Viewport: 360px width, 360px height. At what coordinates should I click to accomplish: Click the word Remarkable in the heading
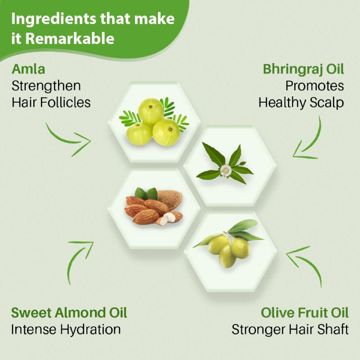[70, 38]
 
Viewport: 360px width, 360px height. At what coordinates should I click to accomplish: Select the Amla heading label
[28, 69]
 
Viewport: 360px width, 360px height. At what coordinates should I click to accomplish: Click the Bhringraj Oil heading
[303, 69]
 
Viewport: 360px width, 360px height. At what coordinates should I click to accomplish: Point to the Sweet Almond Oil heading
[69, 313]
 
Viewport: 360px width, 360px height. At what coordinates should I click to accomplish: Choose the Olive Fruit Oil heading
[305, 313]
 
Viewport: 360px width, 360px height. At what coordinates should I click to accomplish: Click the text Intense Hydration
[66, 329]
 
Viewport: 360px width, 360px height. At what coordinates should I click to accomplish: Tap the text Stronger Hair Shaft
[290, 329]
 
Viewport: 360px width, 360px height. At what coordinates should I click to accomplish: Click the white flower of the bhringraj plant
[226, 171]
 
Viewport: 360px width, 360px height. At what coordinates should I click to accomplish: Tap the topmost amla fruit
[151, 111]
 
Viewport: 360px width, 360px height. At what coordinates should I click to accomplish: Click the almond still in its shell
[167, 199]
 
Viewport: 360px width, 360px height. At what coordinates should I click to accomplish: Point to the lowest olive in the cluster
[227, 256]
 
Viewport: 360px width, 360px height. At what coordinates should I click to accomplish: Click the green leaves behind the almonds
[146, 194]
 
